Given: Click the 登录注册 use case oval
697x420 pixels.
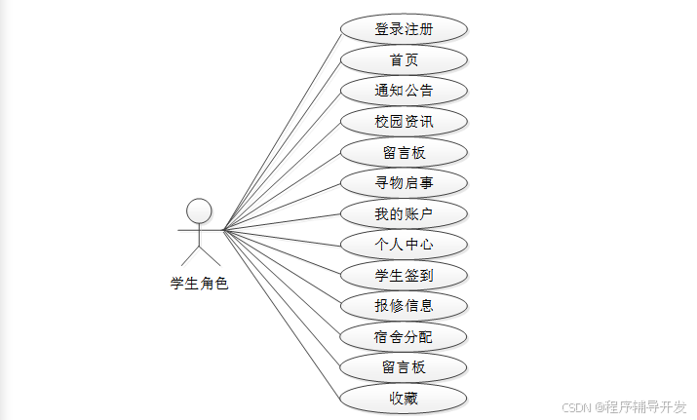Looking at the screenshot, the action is pyautogui.click(x=404, y=28).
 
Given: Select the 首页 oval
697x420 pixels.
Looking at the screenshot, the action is pyautogui.click(x=404, y=59).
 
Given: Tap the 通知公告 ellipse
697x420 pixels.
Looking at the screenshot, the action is pyautogui.click(x=404, y=91).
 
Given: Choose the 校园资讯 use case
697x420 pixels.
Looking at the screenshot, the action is pyautogui.click(x=404, y=122).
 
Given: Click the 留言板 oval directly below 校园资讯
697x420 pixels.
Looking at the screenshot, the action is pyautogui.click(x=404, y=152).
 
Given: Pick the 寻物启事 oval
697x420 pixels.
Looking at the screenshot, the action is pyautogui.click(x=404, y=183).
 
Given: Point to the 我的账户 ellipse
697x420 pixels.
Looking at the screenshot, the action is pyautogui.click(x=404, y=214).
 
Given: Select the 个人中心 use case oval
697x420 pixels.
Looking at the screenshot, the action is pyautogui.click(x=404, y=245).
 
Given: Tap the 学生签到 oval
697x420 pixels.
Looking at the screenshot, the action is pyautogui.click(x=404, y=276).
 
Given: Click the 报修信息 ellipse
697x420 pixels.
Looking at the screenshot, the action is pyautogui.click(x=404, y=306).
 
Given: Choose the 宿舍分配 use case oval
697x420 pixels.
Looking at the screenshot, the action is pyautogui.click(x=404, y=337).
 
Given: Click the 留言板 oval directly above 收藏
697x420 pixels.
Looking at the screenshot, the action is pyautogui.click(x=404, y=367).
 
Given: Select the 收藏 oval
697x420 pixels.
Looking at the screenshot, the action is pyautogui.click(x=404, y=399).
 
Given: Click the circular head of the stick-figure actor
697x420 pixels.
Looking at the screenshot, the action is pyautogui.click(x=199, y=210).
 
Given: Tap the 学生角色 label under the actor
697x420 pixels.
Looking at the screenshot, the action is pyautogui.click(x=199, y=284).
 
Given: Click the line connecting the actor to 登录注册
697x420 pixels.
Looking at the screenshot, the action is pyautogui.click(x=283, y=130).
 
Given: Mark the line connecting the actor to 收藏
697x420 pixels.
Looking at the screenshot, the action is pyautogui.click(x=283, y=314).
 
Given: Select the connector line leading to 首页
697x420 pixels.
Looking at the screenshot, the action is pyautogui.click(x=283, y=145).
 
